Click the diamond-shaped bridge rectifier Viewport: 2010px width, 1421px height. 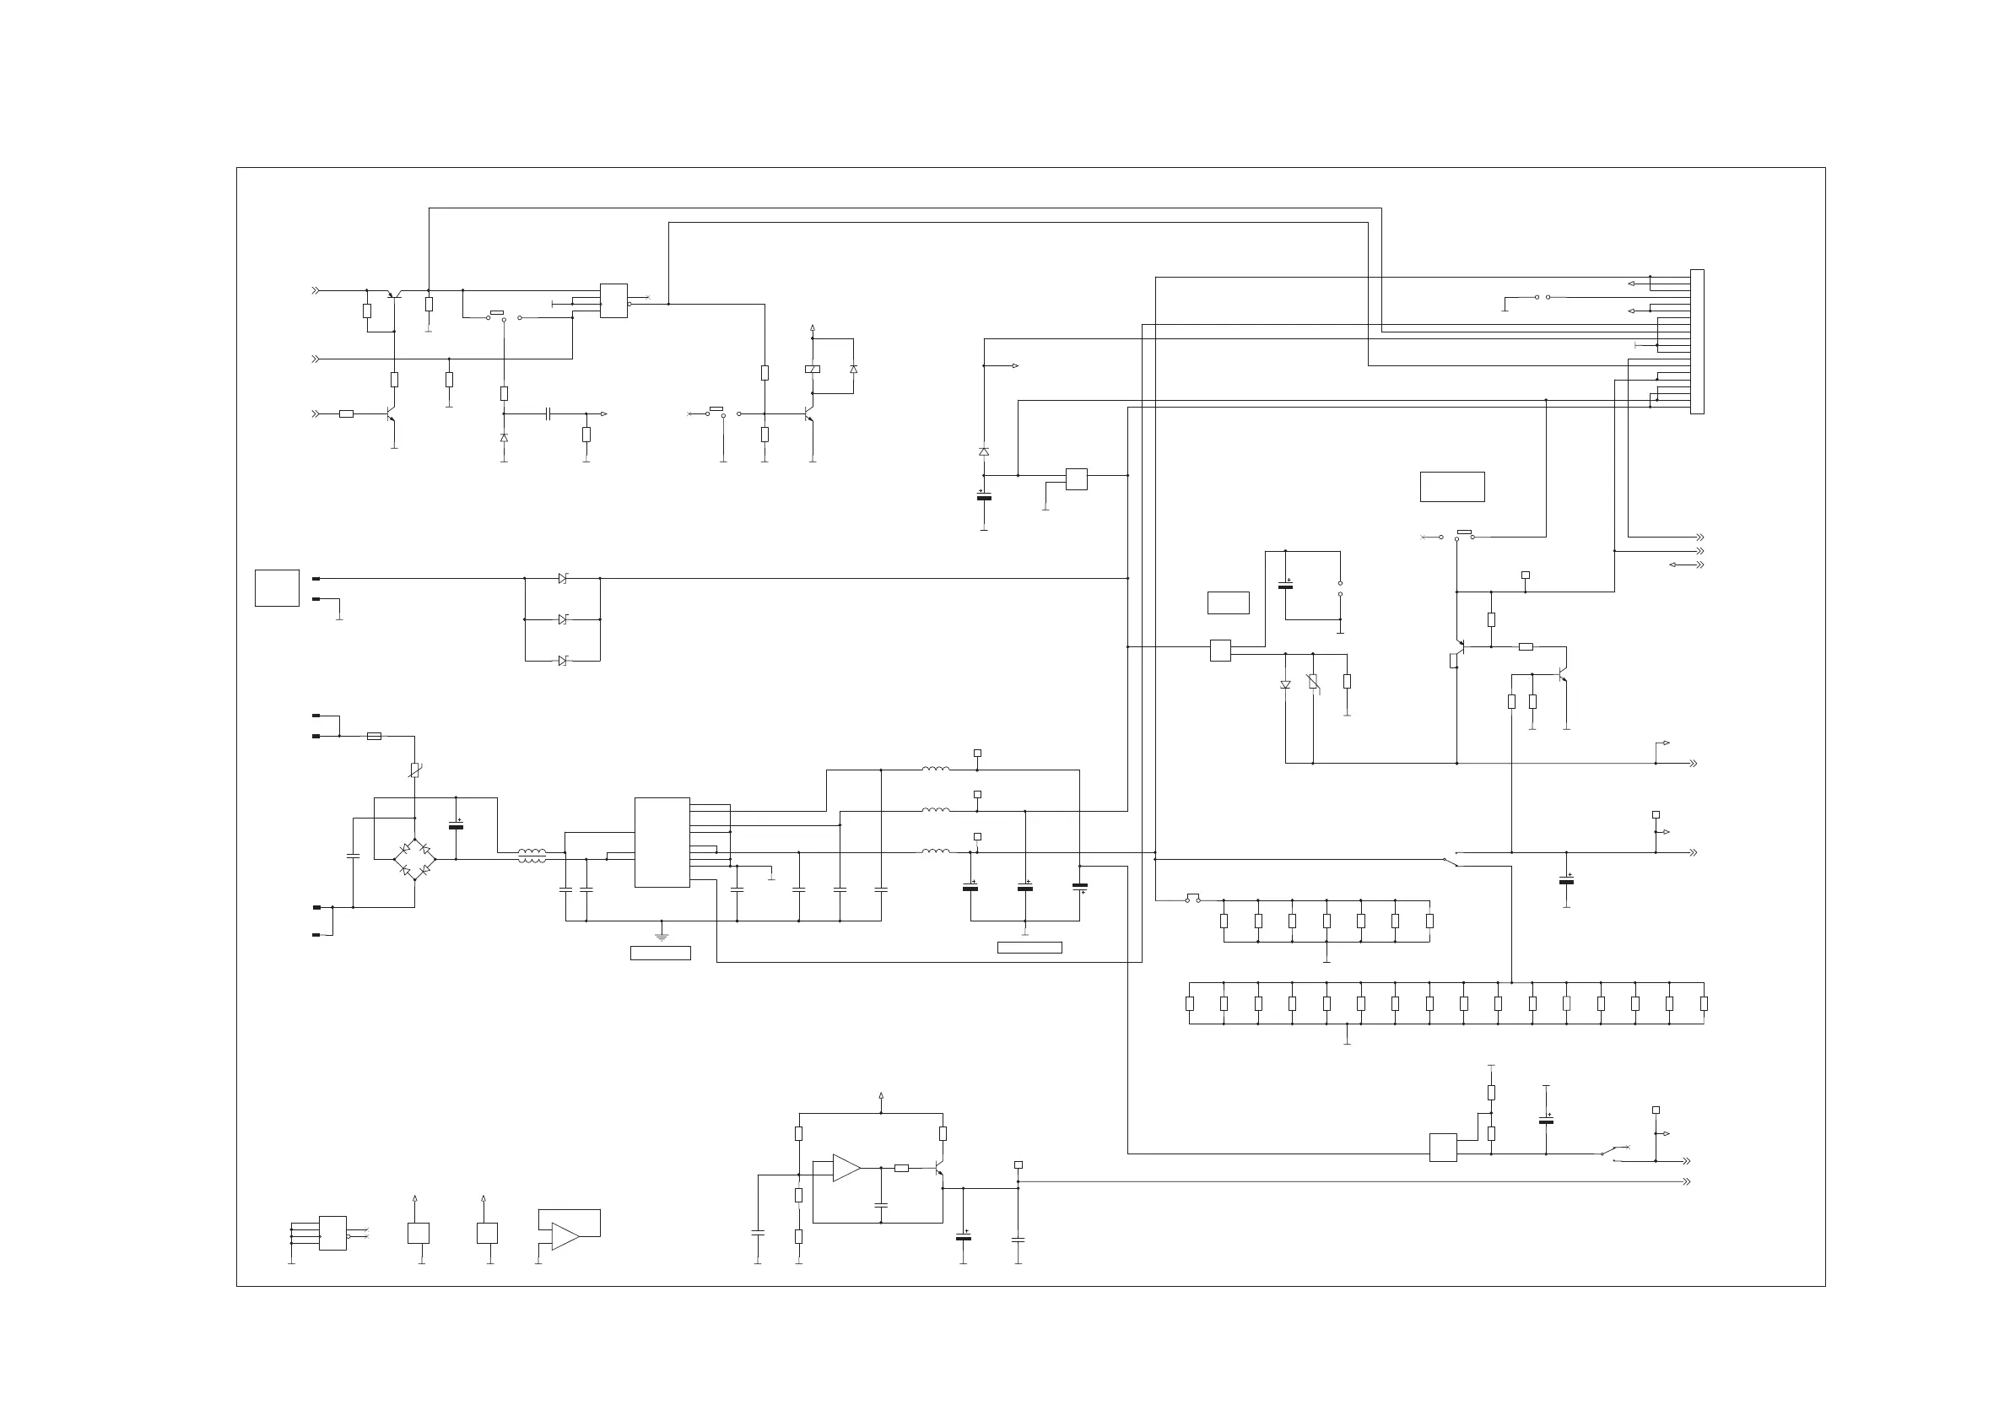[414, 859]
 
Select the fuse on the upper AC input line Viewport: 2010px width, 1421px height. [374, 737]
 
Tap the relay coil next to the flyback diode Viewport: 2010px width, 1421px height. [813, 370]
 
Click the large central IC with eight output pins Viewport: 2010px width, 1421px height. [662, 842]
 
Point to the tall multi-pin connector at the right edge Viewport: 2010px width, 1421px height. [1697, 342]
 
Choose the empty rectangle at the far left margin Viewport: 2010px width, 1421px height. [277, 587]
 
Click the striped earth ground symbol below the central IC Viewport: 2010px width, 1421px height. [662, 936]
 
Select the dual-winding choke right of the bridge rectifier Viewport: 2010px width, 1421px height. [532, 856]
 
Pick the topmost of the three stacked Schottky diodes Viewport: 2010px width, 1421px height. [563, 579]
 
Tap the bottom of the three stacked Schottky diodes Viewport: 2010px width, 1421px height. [563, 660]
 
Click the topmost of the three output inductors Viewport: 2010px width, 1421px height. [935, 770]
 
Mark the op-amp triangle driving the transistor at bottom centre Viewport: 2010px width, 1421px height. [846, 1168]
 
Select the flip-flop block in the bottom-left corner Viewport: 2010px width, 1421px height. [332, 1233]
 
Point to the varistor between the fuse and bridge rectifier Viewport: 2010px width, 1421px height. [415, 770]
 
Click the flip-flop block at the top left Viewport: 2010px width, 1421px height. [613, 301]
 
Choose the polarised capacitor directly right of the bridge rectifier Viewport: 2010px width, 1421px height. [455, 825]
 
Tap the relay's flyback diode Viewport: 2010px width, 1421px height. [854, 370]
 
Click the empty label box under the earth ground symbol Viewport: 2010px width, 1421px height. [660, 954]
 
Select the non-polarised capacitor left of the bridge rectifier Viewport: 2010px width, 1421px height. [353, 856]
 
